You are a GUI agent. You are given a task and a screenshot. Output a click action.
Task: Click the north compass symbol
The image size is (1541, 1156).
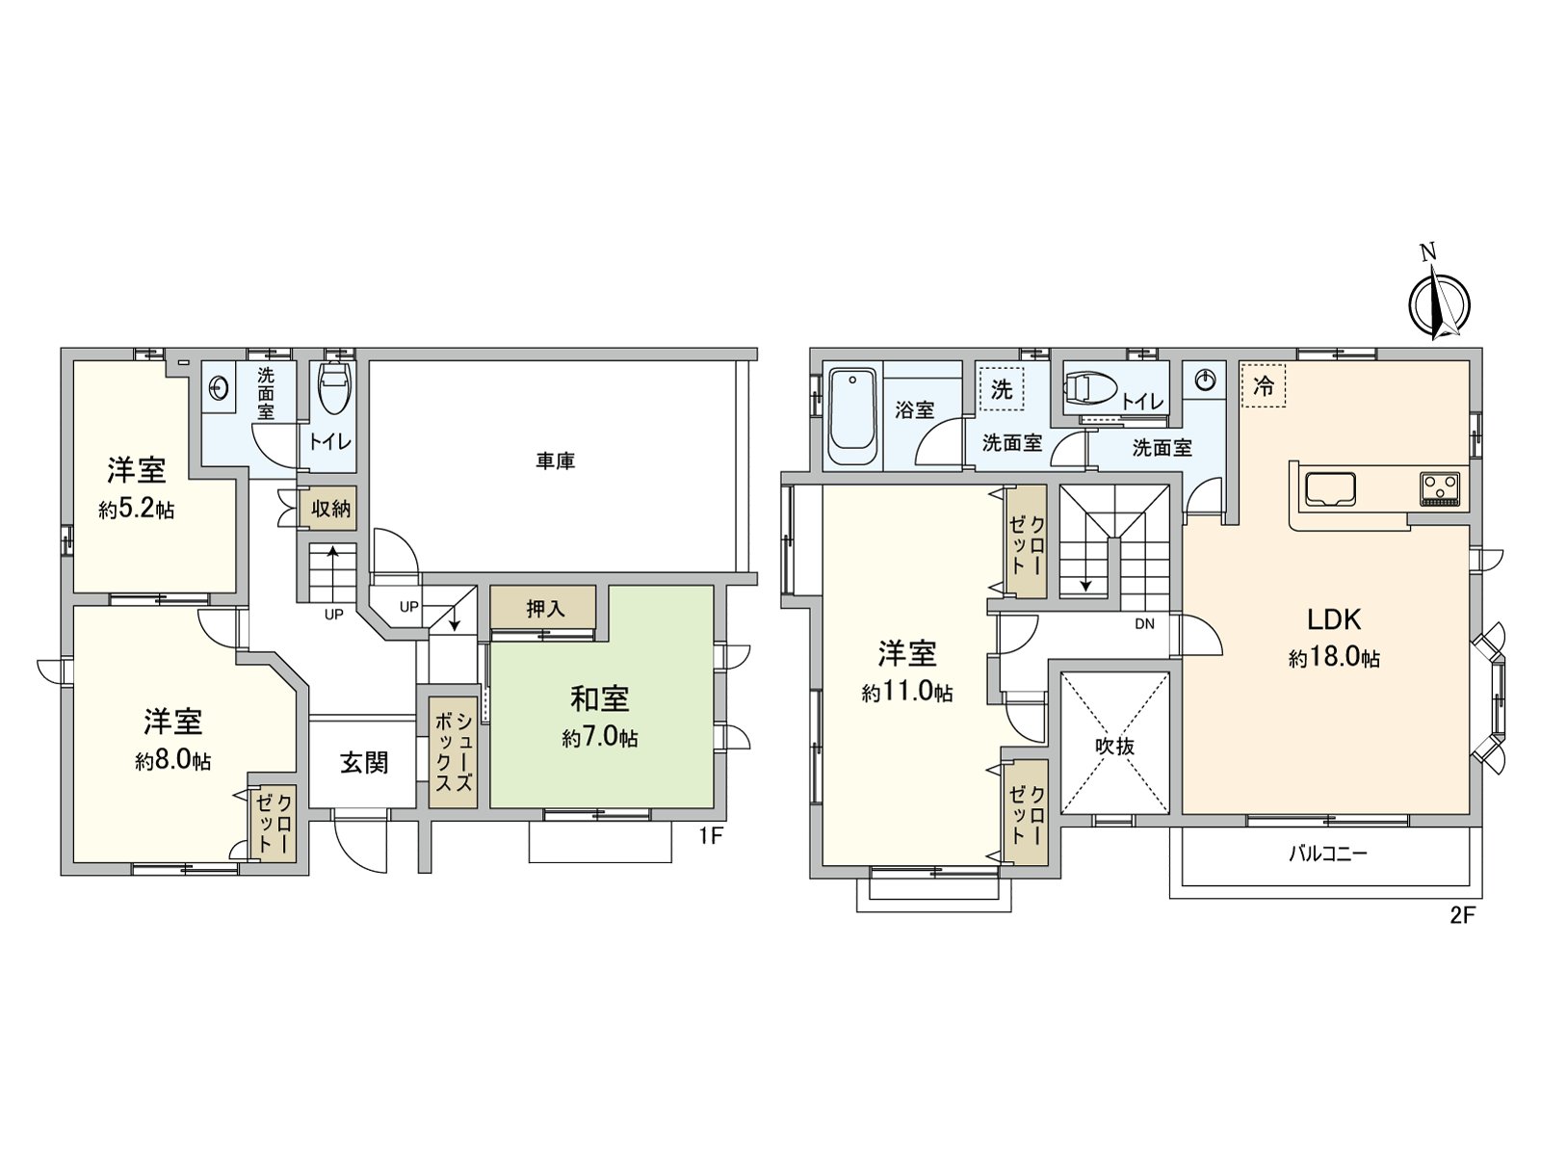click(x=1439, y=302)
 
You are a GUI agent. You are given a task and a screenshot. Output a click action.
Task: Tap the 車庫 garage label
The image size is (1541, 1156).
click(x=556, y=461)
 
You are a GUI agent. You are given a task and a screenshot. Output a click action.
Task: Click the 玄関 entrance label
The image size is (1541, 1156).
click(x=364, y=763)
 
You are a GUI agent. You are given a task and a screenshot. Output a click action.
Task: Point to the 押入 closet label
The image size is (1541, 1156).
click(x=545, y=608)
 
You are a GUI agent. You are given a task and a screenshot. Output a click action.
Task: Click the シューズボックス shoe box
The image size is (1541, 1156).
click(x=453, y=751)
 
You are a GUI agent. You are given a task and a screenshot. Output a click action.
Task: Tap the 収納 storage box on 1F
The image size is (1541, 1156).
click(x=330, y=508)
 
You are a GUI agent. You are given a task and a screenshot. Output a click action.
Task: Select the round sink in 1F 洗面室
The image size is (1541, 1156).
click(x=220, y=388)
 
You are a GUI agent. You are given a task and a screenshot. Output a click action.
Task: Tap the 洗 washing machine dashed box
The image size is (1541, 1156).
click(x=1002, y=389)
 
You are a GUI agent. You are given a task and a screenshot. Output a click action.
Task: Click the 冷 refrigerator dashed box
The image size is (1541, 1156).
click(x=1263, y=385)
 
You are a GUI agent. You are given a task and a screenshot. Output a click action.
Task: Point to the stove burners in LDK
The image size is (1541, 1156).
click(x=1439, y=487)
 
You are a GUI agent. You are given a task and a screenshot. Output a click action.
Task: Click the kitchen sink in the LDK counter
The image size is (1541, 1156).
click(x=1331, y=489)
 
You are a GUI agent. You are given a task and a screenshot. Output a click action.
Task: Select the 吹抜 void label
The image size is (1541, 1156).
click(x=1114, y=746)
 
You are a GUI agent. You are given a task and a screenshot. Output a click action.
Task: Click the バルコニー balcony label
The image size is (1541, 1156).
click(x=1328, y=854)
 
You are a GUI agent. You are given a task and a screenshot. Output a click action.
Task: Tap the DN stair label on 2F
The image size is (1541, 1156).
click(x=1144, y=624)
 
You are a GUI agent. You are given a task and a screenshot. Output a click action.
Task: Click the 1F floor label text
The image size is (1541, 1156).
click(x=711, y=836)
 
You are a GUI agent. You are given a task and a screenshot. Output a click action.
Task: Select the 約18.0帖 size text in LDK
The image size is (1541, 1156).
click(x=1334, y=658)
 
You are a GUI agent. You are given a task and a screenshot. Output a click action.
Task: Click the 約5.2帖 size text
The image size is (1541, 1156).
click(x=137, y=510)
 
